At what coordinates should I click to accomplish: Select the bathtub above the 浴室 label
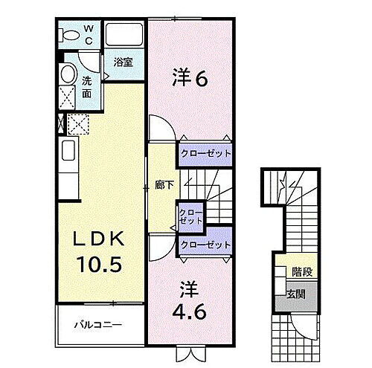pyautogui.click(x=124, y=35)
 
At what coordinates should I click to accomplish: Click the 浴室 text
pyautogui.click(x=123, y=63)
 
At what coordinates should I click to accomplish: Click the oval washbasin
pyautogui.click(x=68, y=74)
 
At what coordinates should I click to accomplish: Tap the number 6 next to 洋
pyautogui.click(x=201, y=77)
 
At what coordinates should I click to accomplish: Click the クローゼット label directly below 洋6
pyautogui.click(x=205, y=154)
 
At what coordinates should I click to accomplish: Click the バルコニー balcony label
pyautogui.click(x=97, y=325)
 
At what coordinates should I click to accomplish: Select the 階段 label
pyautogui.click(x=301, y=273)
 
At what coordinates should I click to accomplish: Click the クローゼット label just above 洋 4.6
pyautogui.click(x=205, y=244)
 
